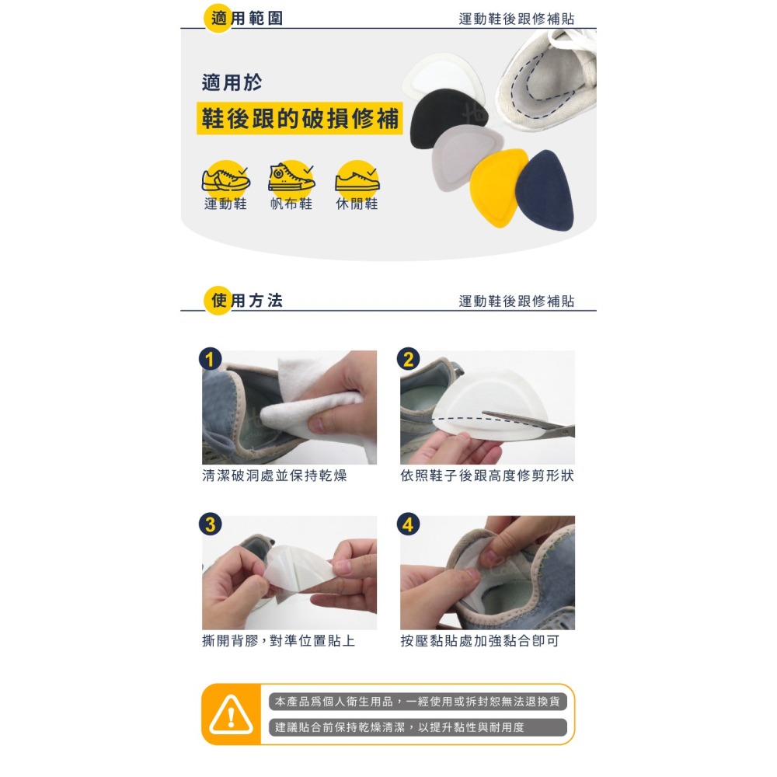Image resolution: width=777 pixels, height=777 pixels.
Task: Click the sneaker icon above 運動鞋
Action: coord(225,179)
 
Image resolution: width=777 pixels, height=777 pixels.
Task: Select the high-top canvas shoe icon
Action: coord(291,177)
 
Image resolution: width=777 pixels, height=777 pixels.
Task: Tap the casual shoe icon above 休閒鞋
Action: coord(357,179)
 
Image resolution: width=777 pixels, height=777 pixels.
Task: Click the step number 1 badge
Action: coord(210,359)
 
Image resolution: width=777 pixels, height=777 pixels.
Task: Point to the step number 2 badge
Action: coord(409,359)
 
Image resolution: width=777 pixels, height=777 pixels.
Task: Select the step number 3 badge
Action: coord(210,524)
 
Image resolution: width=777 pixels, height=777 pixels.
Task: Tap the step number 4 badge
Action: coord(409,524)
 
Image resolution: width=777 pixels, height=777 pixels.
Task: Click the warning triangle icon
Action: coord(231,715)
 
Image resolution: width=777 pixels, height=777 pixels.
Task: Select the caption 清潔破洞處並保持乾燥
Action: coord(274,476)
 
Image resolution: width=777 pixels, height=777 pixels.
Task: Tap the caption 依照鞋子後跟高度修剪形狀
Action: coord(487,476)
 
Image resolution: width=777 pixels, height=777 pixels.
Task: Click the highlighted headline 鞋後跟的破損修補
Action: coord(300,118)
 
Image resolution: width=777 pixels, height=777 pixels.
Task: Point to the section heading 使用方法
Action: coord(246,300)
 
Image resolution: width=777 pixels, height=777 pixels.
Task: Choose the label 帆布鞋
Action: coord(291,204)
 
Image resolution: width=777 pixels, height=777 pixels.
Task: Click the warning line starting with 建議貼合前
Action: coord(399,727)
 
